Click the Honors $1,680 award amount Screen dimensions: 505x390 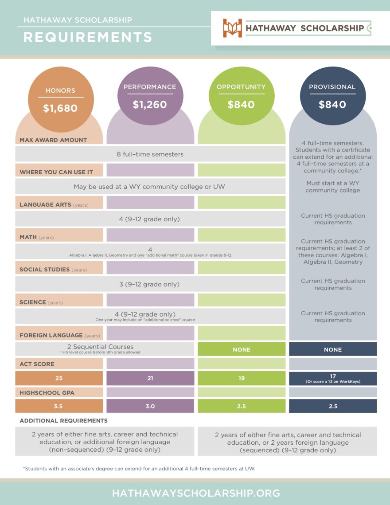(60, 108)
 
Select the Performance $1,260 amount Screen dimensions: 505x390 (150, 105)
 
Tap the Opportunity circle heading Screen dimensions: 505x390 (241, 87)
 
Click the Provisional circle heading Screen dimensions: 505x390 (332, 87)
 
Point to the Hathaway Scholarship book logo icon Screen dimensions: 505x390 (232, 28)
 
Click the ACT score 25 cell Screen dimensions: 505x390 (59, 378)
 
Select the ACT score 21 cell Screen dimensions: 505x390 (150, 378)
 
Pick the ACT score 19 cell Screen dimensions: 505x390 (242, 378)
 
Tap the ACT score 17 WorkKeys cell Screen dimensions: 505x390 (333, 378)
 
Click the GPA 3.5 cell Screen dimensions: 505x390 (59, 406)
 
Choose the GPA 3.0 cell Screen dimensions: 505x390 (150, 406)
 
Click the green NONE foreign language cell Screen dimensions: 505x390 (242, 349)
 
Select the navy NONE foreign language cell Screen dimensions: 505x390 (333, 349)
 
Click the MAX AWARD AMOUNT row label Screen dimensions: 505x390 (53, 140)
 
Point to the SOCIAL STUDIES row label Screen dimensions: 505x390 (44, 270)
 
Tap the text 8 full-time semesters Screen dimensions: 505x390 (150, 154)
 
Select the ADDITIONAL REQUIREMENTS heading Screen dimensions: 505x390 (63, 420)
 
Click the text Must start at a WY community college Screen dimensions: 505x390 (333, 187)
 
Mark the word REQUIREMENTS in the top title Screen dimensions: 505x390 (88, 37)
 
